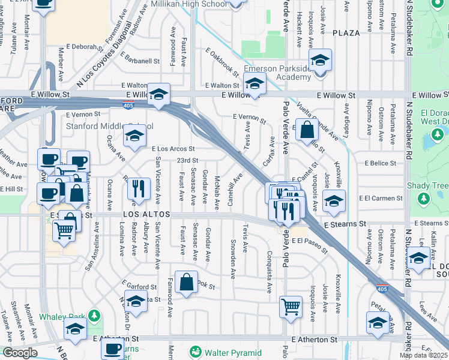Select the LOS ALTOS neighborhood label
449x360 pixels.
(147, 214)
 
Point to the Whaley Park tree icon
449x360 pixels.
(93, 316)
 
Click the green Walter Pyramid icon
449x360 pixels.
(194, 352)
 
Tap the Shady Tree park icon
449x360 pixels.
(424, 198)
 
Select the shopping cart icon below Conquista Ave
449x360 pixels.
(291, 306)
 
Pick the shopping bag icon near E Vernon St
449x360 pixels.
(307, 129)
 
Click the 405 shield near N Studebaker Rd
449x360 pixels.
(382, 289)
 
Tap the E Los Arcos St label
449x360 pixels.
(173, 148)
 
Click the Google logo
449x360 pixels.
(20, 352)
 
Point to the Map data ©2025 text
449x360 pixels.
(423, 355)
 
